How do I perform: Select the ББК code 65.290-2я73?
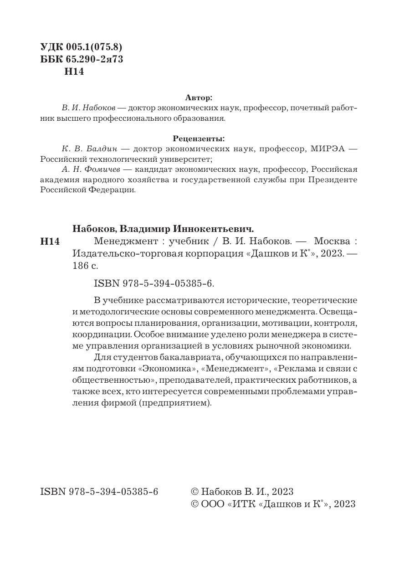[x=94, y=59]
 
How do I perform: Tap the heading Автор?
[x=199, y=98]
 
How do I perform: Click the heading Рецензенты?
[x=199, y=138]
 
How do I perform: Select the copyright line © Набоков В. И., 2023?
[x=242, y=492]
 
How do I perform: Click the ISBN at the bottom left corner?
[x=99, y=492]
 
